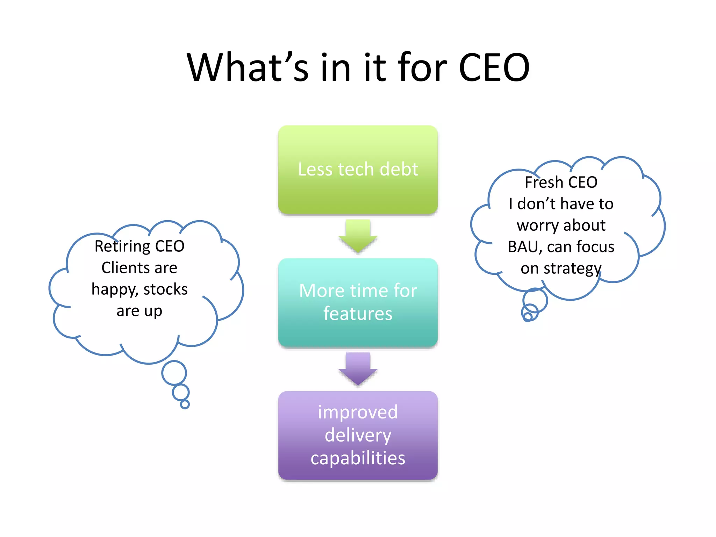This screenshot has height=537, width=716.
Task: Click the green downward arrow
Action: tap(358, 236)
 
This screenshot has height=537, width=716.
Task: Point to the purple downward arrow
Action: tap(358, 369)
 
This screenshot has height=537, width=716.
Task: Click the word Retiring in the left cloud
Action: tap(122, 246)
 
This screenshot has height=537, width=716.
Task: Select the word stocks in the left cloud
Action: tap(165, 289)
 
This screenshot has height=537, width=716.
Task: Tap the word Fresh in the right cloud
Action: tap(544, 182)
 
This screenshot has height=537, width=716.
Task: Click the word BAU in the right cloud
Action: tap(525, 247)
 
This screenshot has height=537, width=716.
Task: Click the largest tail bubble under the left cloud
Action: tap(174, 373)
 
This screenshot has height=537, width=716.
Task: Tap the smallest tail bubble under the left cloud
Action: tap(185, 404)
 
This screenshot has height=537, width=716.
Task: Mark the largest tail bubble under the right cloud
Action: tap(535, 300)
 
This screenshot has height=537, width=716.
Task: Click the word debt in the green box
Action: tap(399, 169)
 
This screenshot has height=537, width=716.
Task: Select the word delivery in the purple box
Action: tap(358, 435)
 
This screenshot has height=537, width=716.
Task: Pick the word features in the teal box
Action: tap(358, 314)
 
